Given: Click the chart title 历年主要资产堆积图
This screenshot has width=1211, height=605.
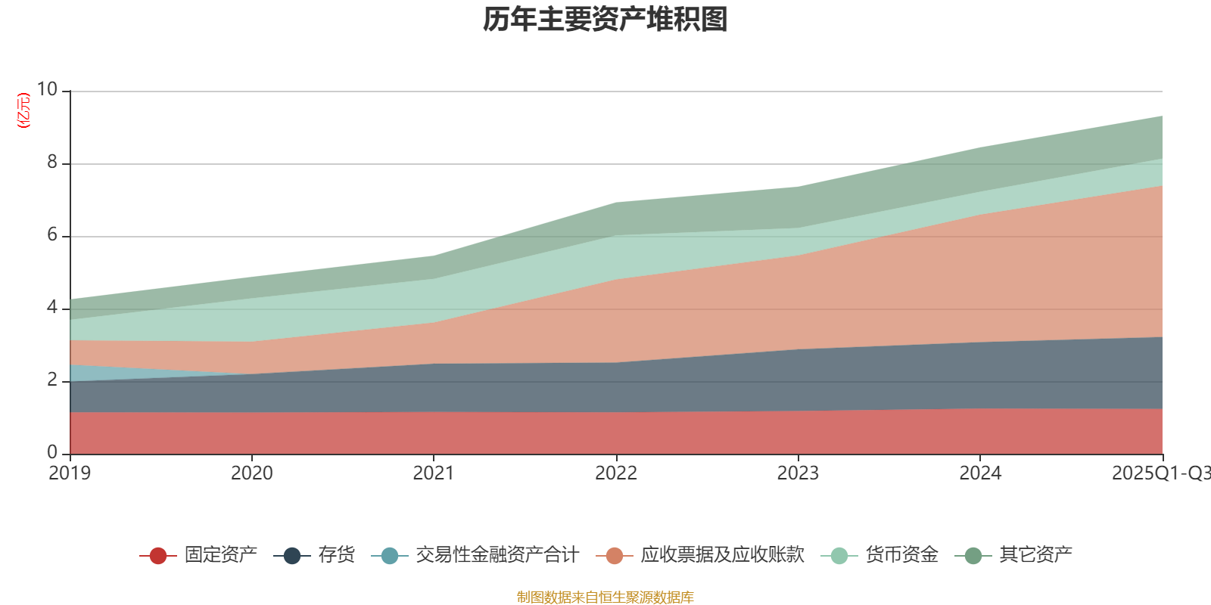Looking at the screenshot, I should click(605, 20).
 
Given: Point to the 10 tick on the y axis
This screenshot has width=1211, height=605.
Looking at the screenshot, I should click(47, 89).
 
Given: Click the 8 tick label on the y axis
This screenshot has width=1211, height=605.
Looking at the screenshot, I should click(52, 162).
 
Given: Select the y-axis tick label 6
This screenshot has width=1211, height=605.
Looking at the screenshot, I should click(52, 234).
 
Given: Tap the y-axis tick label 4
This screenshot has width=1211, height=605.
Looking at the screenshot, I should click(52, 307).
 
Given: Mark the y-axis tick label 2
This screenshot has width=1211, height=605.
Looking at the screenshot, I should click(52, 380).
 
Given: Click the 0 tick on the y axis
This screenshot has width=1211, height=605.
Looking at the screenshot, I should click(52, 452).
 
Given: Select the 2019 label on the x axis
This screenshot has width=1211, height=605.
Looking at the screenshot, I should click(70, 473).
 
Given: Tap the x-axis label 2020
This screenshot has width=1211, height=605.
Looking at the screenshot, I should click(252, 473).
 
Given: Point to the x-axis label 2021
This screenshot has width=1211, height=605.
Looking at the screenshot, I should click(434, 473).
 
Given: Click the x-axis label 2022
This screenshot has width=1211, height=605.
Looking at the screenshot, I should click(616, 473).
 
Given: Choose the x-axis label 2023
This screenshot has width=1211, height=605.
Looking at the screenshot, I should click(798, 473).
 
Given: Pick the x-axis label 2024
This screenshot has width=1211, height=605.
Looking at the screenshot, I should click(980, 473).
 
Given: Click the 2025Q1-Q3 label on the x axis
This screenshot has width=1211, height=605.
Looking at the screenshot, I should click(1160, 473).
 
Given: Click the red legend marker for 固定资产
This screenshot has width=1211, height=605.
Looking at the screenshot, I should click(158, 556).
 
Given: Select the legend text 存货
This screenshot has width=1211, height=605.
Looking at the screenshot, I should click(336, 555).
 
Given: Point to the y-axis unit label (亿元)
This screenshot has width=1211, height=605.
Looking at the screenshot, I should click(24, 110).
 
